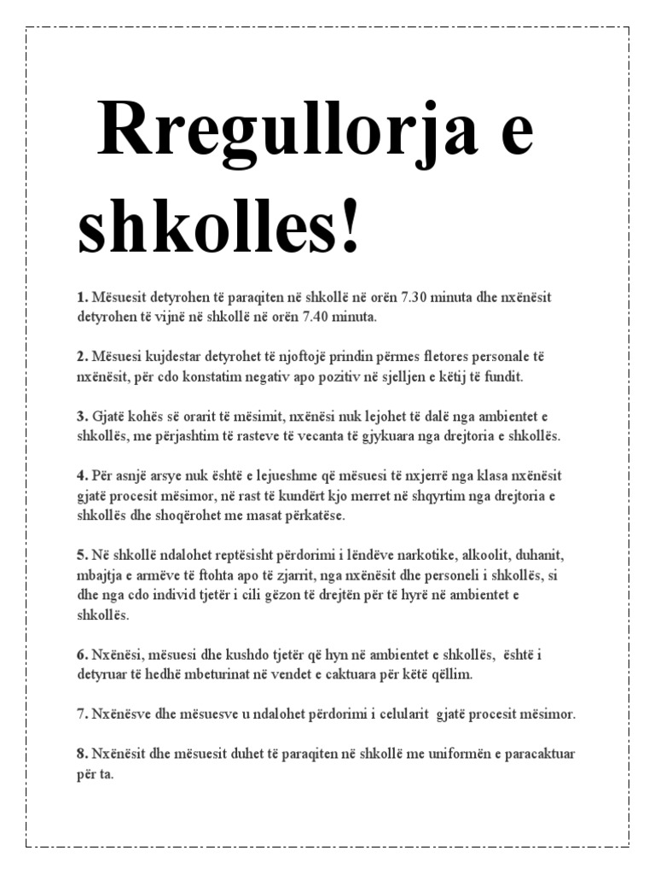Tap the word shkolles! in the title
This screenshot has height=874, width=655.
219,224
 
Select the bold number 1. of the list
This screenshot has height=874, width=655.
82,297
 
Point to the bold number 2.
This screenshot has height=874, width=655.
82,356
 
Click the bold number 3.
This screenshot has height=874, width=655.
82,416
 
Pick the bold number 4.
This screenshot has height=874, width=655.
82,475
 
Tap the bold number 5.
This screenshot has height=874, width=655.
82,555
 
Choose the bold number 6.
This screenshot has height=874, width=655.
82,655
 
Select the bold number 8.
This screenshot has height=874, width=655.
82,754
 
